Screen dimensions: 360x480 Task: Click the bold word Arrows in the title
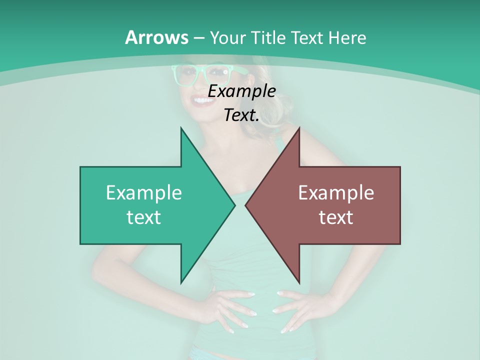tap(156, 38)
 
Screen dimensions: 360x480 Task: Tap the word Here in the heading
tap(347, 38)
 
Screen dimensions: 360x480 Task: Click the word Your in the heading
tap(228, 38)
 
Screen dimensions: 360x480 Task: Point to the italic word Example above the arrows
tap(241, 91)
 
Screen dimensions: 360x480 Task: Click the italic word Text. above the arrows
tap(241, 115)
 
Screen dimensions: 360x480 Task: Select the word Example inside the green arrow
tap(143, 192)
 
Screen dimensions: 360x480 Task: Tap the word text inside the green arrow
tap(143, 217)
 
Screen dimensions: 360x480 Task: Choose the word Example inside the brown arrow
tap(336, 192)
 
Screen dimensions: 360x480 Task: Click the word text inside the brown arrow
tap(336, 217)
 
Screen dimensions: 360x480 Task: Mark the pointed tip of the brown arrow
tap(246, 205)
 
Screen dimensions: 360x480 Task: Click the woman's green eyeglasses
tap(200, 74)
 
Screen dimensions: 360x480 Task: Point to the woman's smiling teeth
tap(203, 101)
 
